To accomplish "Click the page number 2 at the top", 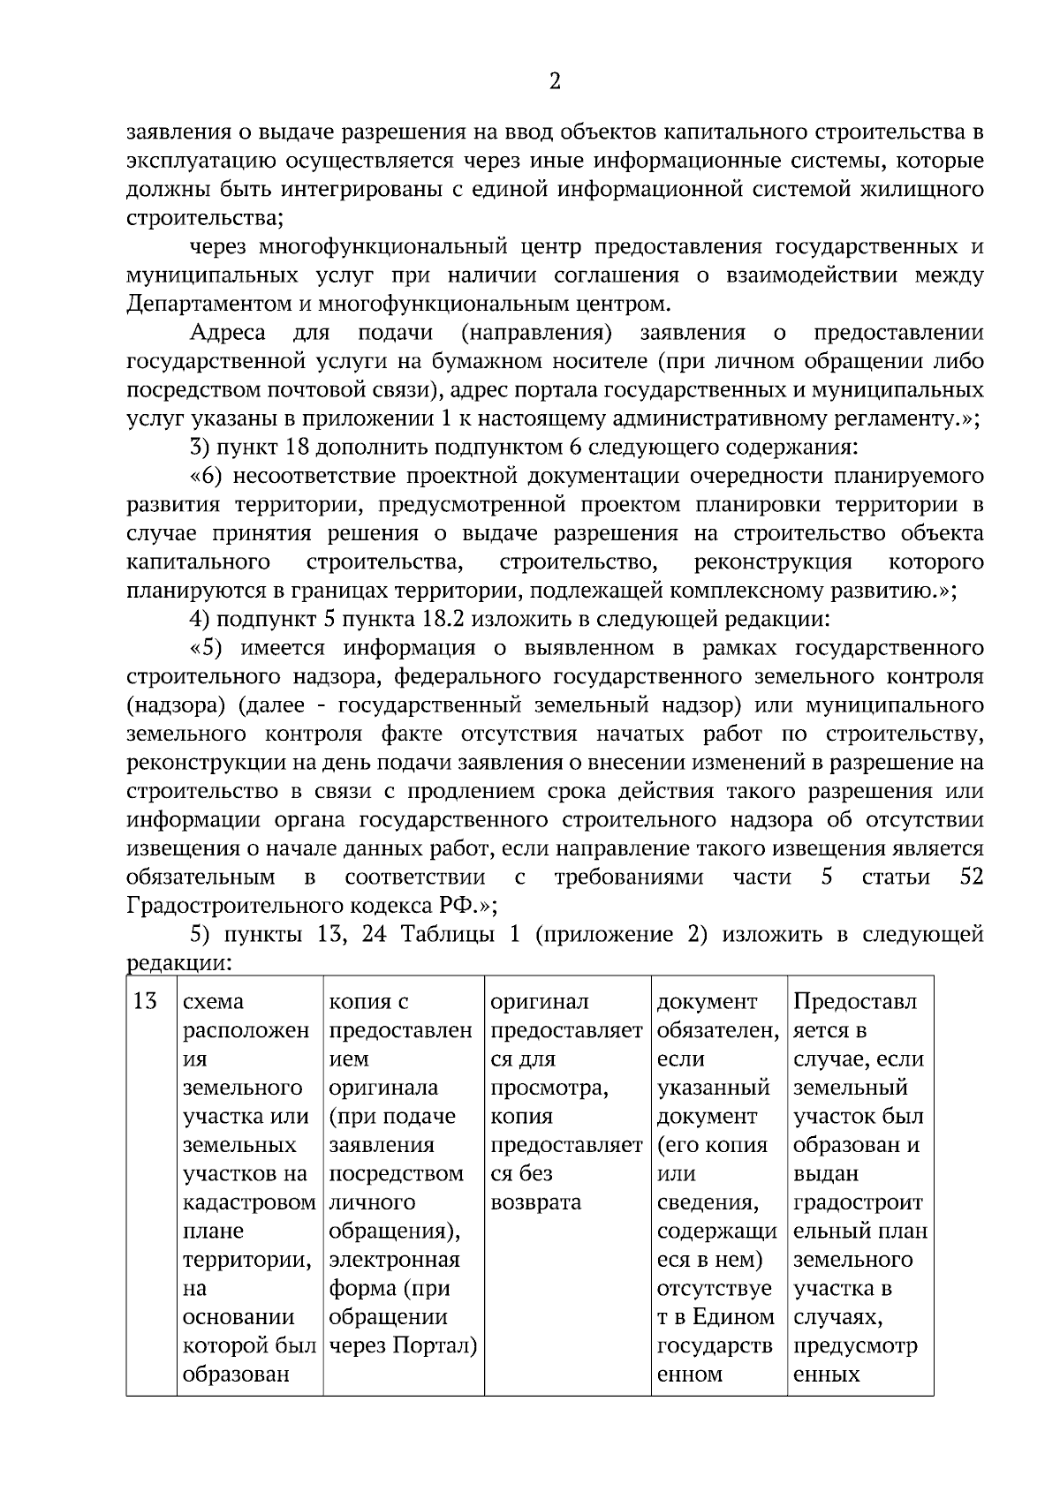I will click(554, 82).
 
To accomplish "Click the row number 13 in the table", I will click(145, 1001).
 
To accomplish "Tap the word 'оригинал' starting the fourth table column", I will click(539, 1001).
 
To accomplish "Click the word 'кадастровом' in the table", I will click(249, 1202).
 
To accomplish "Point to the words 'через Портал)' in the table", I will click(403, 1345).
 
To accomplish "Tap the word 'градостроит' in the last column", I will click(858, 1202).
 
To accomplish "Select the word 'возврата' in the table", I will click(535, 1202).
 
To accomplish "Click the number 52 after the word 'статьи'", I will click(970, 877).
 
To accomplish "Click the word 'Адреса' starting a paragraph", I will click(228, 333).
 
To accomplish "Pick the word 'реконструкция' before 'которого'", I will click(773, 562).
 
